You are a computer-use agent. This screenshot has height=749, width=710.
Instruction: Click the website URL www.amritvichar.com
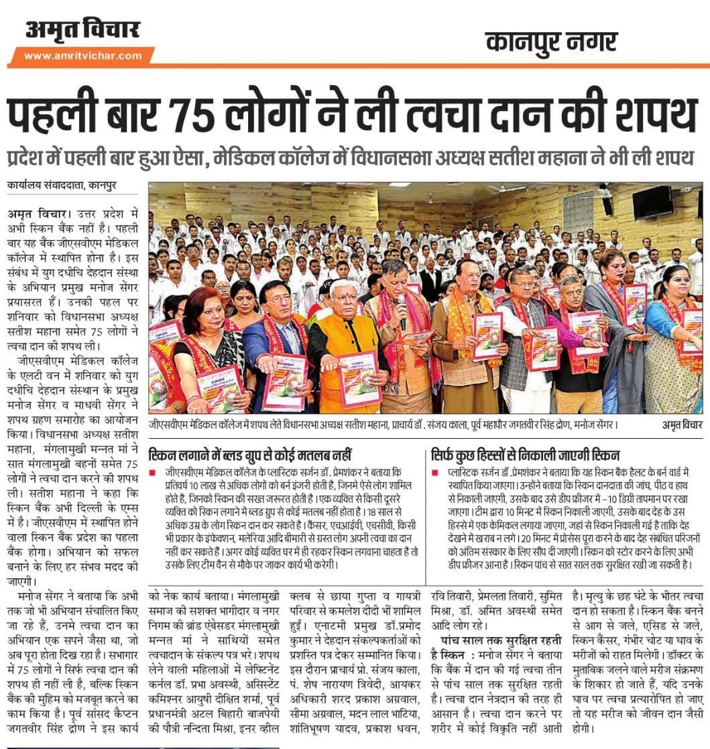point(82,56)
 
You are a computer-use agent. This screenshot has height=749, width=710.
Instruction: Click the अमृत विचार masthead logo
point(82,30)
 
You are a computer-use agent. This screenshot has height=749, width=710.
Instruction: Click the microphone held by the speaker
point(402,303)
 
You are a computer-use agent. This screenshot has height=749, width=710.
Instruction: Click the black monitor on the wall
point(652,202)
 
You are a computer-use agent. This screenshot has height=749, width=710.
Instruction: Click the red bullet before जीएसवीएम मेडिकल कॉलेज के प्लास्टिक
point(153,472)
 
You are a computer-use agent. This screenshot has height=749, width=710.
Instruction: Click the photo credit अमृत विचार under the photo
point(678,425)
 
